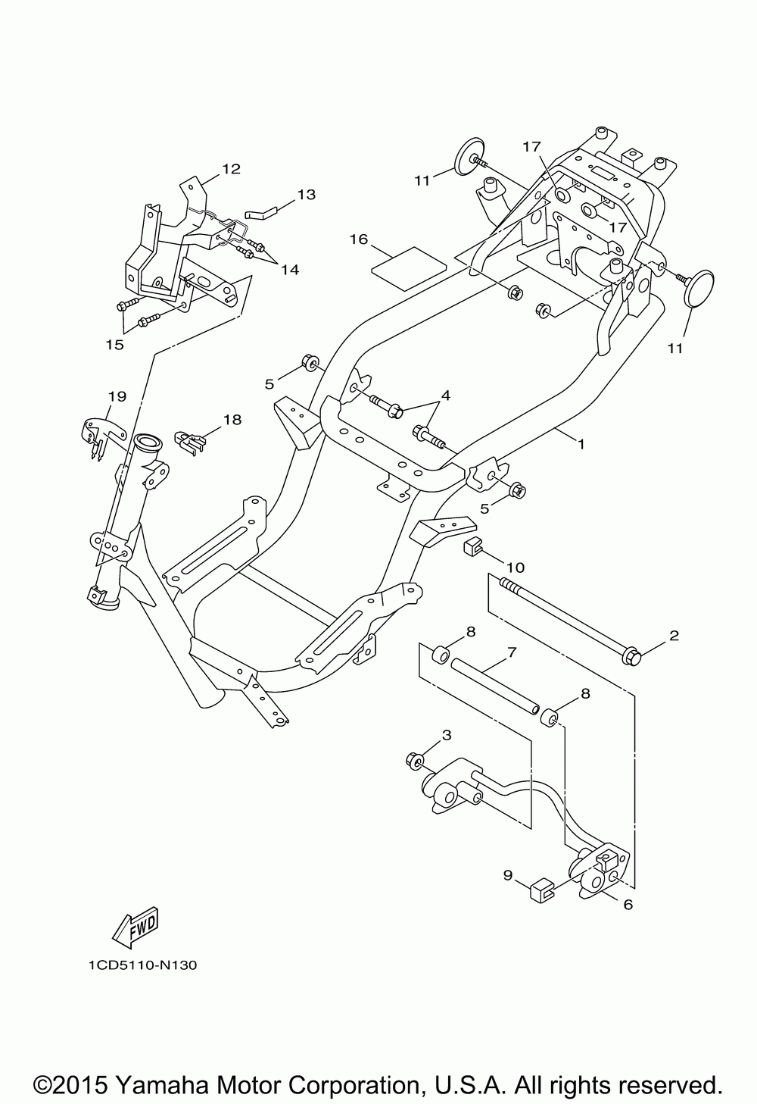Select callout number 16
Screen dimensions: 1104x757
[358, 239]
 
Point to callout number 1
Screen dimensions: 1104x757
[581, 444]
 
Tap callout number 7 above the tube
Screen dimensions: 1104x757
[512, 651]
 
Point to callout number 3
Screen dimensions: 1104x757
[447, 734]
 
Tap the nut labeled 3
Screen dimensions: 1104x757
[415, 759]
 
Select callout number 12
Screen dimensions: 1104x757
[230, 168]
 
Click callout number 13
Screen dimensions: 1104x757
[305, 195]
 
